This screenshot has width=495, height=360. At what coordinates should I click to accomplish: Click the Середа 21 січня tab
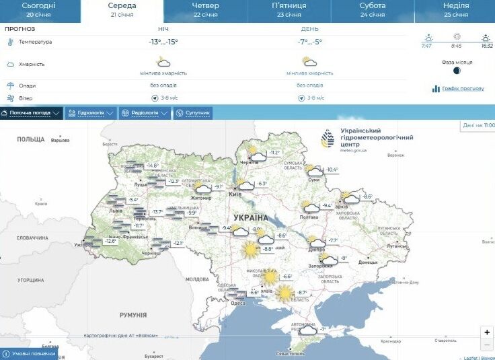coord(122,9)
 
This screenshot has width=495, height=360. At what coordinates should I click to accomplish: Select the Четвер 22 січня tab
coord(205,9)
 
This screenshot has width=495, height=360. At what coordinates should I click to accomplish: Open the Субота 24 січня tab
coord(372,9)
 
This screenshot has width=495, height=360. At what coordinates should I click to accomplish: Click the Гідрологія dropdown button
coord(91,113)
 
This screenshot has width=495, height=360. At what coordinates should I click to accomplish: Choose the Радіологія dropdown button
coord(145,113)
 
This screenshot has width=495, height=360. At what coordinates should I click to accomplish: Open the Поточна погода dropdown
coord(32,113)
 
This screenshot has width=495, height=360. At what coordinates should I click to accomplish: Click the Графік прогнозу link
coord(459,89)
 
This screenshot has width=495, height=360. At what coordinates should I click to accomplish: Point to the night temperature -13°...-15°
coord(163,42)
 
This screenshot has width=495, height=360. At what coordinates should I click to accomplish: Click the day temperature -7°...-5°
coord(310,42)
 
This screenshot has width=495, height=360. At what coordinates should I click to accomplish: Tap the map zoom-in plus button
coord(487,332)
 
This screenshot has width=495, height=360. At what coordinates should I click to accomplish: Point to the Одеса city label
coord(237,303)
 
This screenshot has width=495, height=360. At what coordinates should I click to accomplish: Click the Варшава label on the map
coord(60,141)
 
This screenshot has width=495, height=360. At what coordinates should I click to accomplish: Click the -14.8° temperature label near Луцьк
coord(152,166)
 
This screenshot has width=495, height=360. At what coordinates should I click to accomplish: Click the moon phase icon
coord(457,71)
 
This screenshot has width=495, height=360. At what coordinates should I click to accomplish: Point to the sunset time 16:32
coord(486,46)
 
